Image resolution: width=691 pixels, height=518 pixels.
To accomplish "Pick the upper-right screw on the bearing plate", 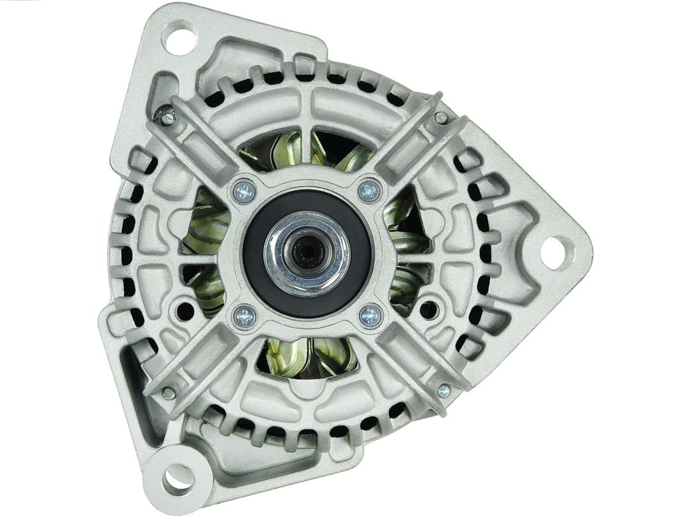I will [x=370, y=190].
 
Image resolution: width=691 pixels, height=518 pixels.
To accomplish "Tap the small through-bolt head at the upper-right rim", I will [x=441, y=118].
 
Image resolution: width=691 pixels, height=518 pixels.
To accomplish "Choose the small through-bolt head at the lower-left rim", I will [x=168, y=393].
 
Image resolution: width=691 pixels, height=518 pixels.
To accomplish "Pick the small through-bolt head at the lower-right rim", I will [x=443, y=390].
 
